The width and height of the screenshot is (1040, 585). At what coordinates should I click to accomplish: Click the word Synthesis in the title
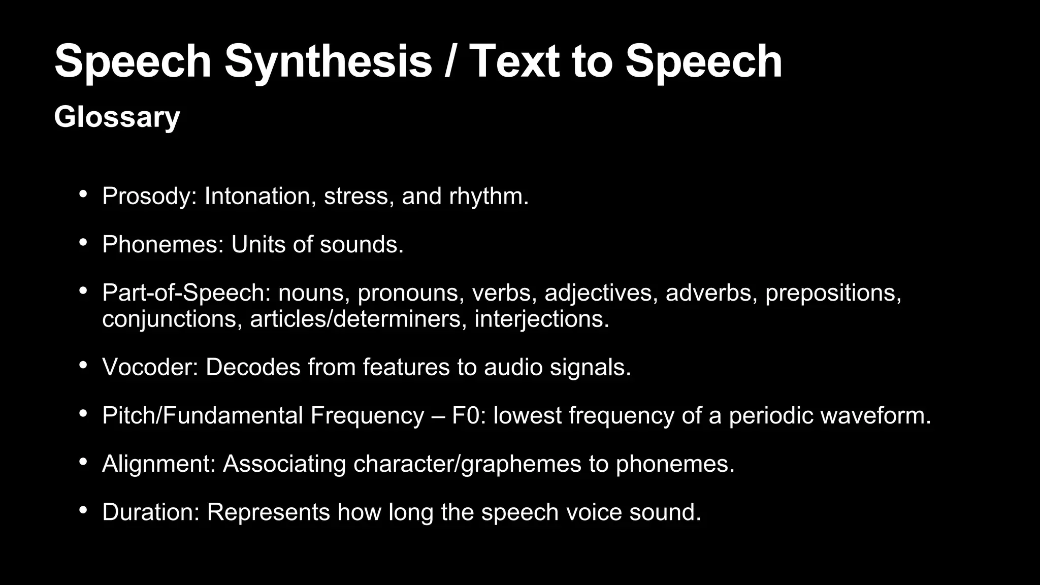[x=328, y=61]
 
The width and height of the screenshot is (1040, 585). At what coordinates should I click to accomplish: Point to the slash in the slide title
[x=450, y=61]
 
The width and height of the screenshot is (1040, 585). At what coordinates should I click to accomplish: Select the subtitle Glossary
[x=117, y=117]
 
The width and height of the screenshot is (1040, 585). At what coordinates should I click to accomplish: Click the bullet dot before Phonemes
[x=83, y=242]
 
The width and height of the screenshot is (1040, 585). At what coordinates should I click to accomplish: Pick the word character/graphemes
[x=467, y=464]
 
